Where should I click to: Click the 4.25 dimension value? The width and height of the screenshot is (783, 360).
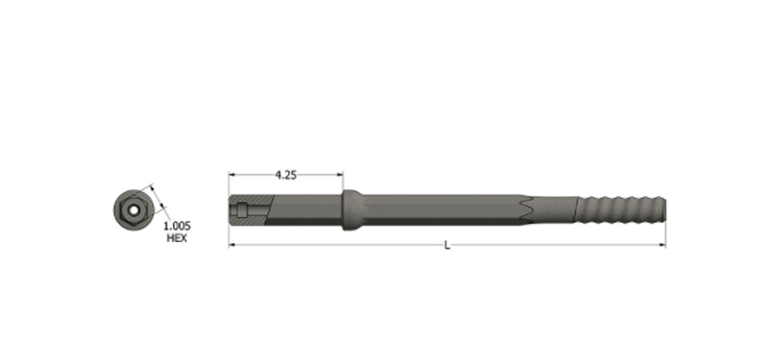(x=285, y=175)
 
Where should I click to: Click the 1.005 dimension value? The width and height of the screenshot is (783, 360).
(x=177, y=226)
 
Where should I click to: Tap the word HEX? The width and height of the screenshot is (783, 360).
(x=176, y=238)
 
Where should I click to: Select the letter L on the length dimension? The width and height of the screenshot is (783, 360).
(x=447, y=245)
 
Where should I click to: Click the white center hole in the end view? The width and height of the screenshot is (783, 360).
(x=133, y=211)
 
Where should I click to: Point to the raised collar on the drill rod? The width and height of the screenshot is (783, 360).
(x=353, y=210)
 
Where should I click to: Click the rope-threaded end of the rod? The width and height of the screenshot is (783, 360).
(x=621, y=210)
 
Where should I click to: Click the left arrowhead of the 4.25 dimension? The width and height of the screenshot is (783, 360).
(x=232, y=175)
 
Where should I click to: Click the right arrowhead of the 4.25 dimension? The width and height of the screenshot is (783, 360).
(x=339, y=175)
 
